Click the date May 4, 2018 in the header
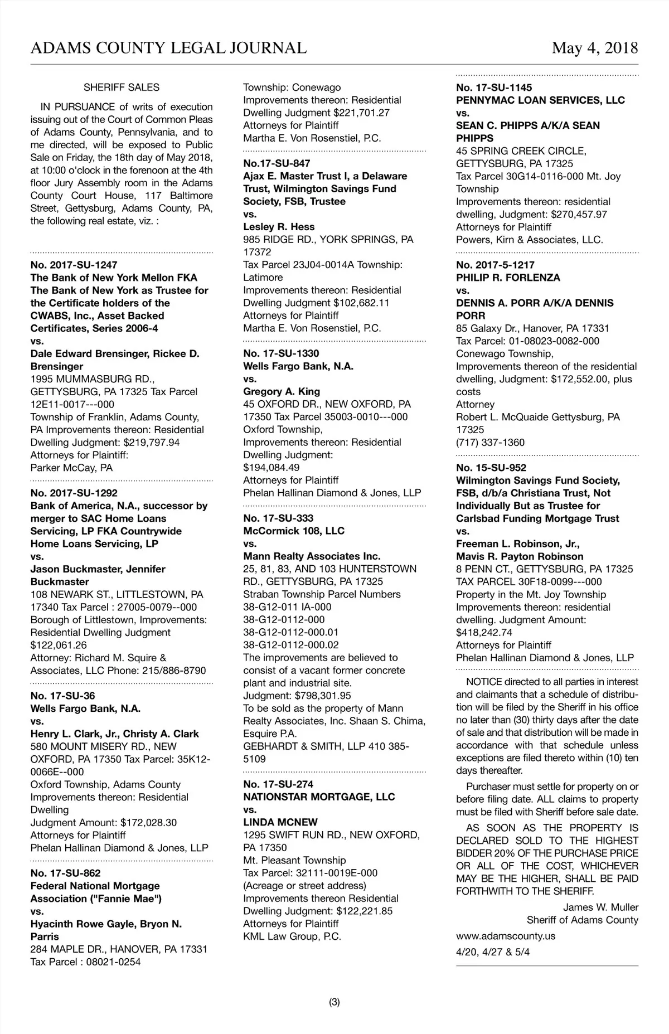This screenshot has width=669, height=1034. coord(594,48)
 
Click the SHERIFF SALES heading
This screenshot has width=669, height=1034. coord(122,88)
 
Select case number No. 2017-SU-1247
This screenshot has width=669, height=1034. coord(74,265)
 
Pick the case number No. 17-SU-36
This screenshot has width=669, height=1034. coord(62,696)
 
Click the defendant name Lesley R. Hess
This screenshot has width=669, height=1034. coord(279,227)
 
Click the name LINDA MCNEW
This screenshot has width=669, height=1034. coord(280,822)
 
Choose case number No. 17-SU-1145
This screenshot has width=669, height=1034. coord(494,88)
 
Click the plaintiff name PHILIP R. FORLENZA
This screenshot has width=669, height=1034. coord(508,278)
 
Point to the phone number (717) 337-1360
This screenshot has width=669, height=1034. coord(490,443)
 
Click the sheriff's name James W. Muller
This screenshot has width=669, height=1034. coord(600,907)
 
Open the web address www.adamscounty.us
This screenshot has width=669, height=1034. coord(505,936)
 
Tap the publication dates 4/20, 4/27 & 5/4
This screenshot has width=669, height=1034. coord(493,952)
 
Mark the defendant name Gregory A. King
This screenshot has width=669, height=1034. coord(282,391)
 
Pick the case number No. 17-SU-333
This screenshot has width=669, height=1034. coord(278,518)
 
